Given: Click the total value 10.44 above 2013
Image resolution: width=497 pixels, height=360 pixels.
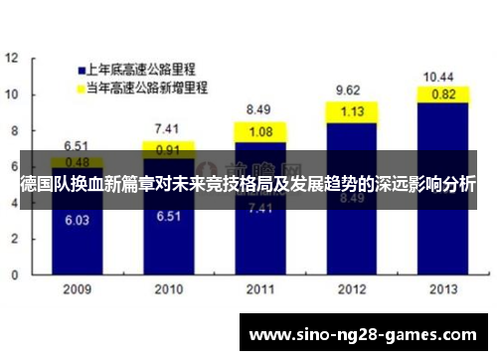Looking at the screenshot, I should (439, 77).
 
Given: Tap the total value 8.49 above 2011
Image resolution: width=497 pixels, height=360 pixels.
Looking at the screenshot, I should (258, 109).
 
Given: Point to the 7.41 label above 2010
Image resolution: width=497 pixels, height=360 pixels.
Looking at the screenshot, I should (167, 129).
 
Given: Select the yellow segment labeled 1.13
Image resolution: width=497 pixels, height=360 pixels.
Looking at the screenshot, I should (351, 111).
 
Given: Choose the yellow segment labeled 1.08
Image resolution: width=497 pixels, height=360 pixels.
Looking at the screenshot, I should (259, 131).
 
